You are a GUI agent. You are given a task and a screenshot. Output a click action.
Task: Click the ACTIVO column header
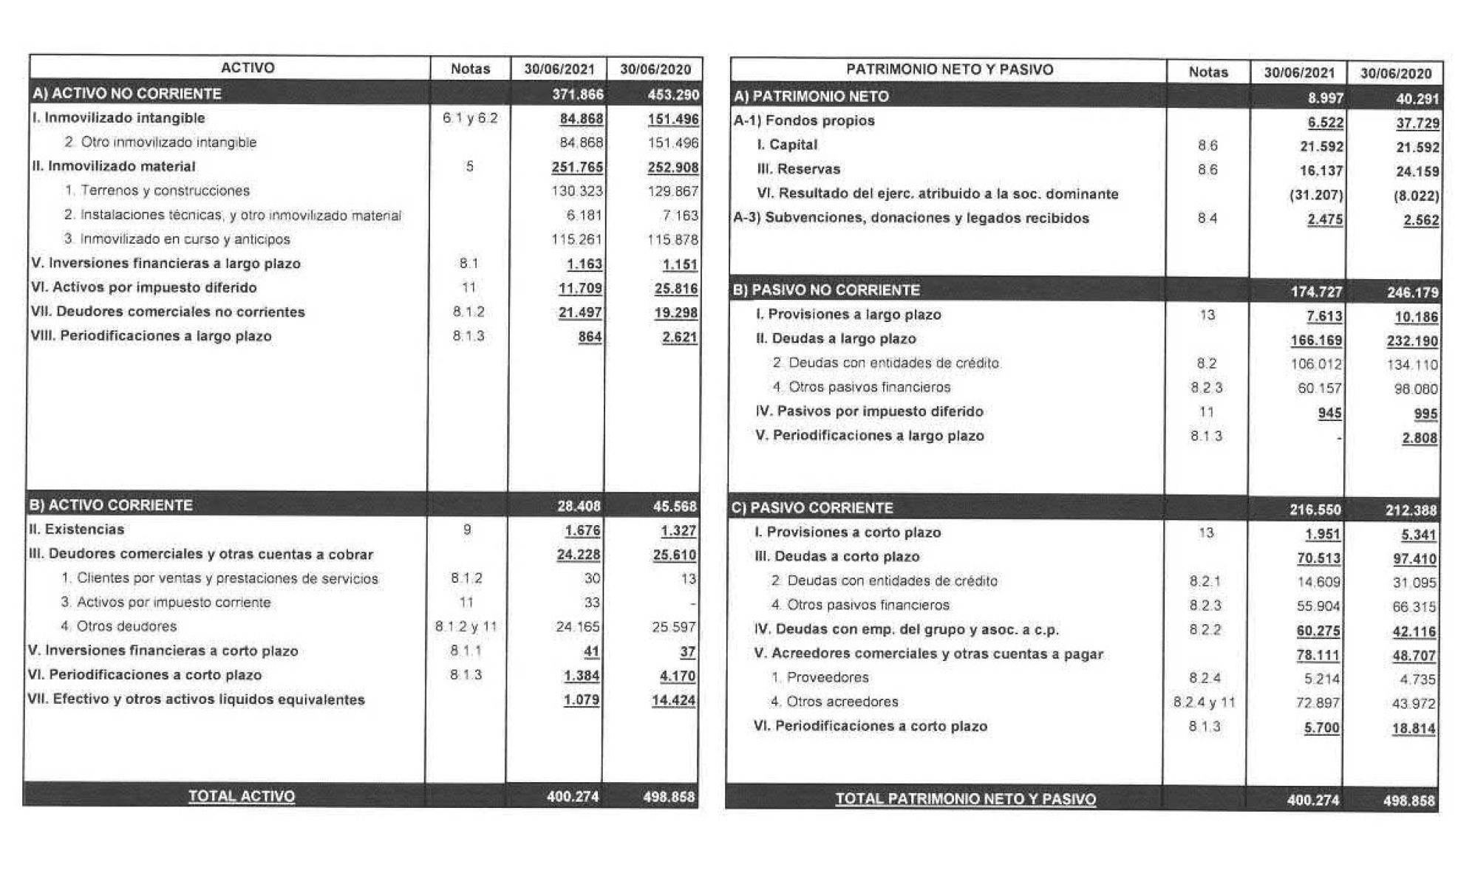point(248,68)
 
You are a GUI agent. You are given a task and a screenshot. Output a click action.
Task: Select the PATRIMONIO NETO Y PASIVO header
point(950,70)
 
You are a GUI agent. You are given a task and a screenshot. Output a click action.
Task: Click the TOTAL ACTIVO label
point(242,796)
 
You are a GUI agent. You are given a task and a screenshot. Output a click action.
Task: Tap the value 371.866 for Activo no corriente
point(578,94)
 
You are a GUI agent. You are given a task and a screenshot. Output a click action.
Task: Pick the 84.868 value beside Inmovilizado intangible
point(582,118)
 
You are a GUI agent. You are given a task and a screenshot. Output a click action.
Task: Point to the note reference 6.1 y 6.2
point(470,118)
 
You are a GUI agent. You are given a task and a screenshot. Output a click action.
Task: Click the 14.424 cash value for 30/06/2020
point(673,700)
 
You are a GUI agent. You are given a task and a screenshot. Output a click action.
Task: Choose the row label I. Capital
point(787,145)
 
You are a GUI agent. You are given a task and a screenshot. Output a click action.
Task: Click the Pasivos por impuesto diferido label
point(870,411)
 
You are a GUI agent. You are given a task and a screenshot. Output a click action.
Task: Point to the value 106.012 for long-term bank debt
point(1320,364)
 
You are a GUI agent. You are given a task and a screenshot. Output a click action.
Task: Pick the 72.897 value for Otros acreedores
point(1318,703)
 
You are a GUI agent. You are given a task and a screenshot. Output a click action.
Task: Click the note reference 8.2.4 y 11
point(1204,702)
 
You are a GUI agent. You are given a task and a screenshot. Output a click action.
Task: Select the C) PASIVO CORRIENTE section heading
point(812,508)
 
